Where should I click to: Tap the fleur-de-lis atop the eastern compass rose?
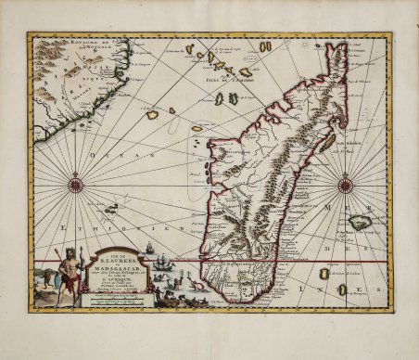click(x=345, y=169)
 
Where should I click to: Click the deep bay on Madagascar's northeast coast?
click(x=319, y=102)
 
